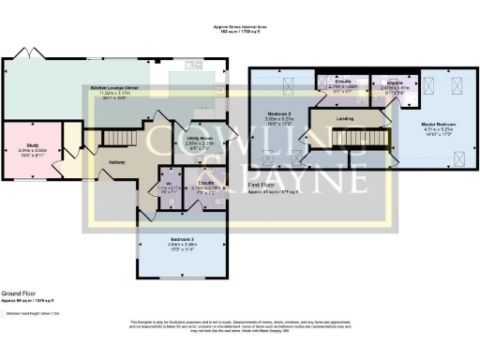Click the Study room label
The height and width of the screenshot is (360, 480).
point(33,148)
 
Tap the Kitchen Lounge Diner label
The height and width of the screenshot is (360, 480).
point(115,88)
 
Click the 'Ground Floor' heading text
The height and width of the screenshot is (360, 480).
point(19,292)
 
